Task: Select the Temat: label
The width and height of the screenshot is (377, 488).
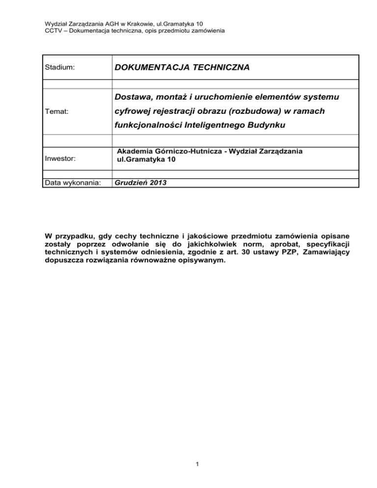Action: coord(57,112)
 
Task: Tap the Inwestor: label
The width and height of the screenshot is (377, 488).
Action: coord(60,159)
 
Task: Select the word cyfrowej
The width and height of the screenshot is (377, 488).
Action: coord(131,112)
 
